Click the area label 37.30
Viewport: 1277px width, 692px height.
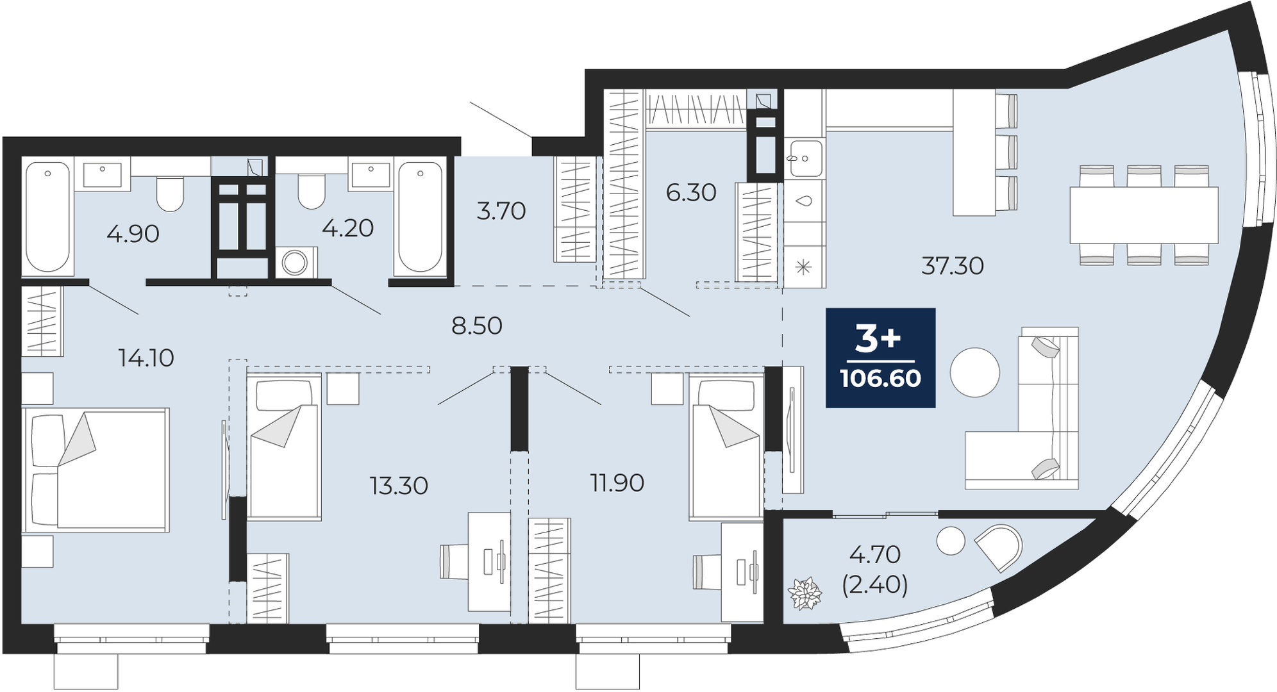(953, 265)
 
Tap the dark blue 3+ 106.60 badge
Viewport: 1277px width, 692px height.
(881, 358)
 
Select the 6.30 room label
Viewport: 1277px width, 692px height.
(691, 192)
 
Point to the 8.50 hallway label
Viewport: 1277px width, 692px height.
(477, 325)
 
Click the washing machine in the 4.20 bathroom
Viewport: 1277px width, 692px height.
(296, 261)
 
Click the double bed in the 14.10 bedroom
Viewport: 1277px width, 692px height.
(96, 470)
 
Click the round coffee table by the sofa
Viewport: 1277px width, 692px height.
(975, 372)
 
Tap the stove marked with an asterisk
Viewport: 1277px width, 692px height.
(804, 267)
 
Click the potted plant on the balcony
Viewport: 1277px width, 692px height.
(805, 593)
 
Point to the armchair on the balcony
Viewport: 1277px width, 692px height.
(999, 547)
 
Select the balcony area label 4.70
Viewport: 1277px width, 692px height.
(875, 554)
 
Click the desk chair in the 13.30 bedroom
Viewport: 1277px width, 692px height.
(456, 561)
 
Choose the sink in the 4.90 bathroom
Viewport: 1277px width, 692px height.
(103, 174)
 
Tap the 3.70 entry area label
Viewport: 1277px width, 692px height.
(501, 210)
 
